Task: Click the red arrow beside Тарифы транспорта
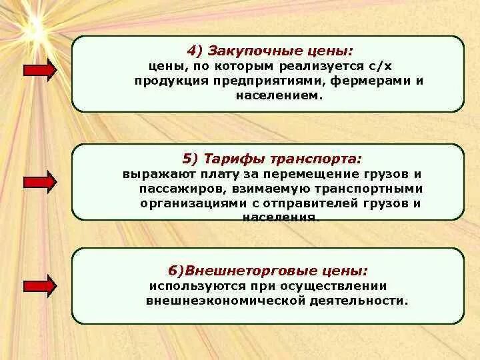[x=40, y=181]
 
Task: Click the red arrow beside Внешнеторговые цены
[x=40, y=285]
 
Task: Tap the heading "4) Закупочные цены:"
[x=269, y=51]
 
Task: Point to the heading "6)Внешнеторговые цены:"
[x=267, y=271]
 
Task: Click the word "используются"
[x=191, y=285]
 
